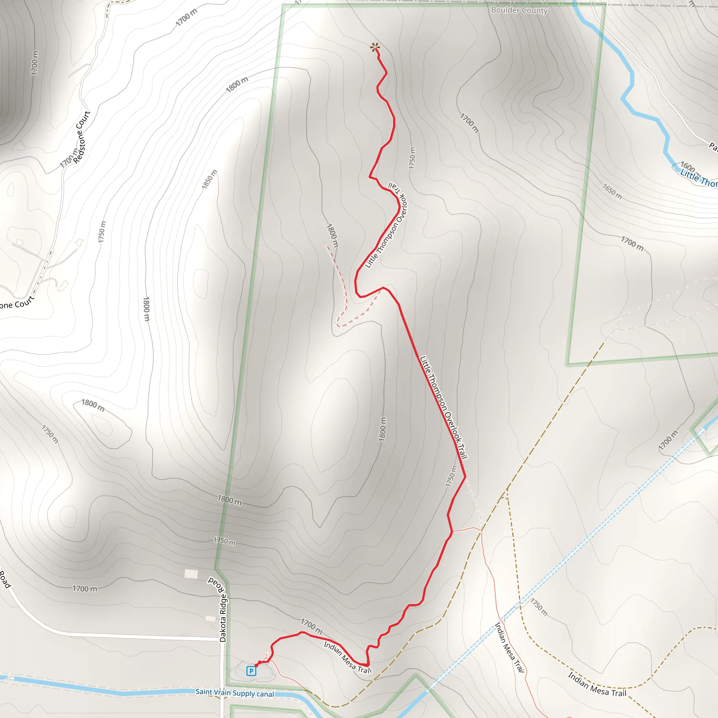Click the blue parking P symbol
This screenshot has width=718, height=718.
coord(251,671)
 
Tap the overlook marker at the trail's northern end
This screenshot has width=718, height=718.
coord(375,47)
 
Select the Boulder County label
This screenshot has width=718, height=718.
coord(519,11)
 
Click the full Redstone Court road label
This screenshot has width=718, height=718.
coord(82,137)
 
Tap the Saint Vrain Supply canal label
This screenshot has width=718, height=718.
coord(235,693)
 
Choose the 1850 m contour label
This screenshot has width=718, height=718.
coord(209,179)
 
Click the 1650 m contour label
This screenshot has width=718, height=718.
coord(612,192)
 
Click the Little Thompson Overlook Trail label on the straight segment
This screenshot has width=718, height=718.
coord(443,407)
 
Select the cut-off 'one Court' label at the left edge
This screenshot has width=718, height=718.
coord(16,304)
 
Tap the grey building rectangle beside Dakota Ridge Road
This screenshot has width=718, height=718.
coord(191,574)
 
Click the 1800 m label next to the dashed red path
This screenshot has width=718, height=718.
coord(332,235)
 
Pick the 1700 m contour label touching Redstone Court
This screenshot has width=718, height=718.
coord(69,157)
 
